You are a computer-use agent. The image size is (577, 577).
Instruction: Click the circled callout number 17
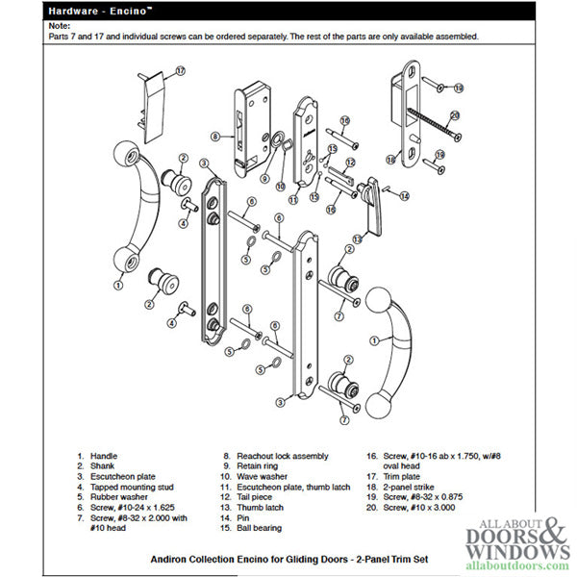pos(179,70)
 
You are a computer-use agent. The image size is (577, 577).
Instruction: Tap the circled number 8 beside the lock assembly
pos(217,136)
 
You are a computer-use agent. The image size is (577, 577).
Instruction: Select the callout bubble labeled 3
pos(205,164)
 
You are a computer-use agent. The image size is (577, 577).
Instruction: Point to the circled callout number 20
pos(455,114)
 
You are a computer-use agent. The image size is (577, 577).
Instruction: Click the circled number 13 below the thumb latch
pos(357,238)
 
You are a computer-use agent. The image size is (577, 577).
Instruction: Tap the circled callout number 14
pos(403,195)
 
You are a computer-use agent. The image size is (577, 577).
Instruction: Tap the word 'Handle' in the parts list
pos(104,456)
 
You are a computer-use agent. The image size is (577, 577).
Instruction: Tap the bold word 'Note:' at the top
pos(59,26)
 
